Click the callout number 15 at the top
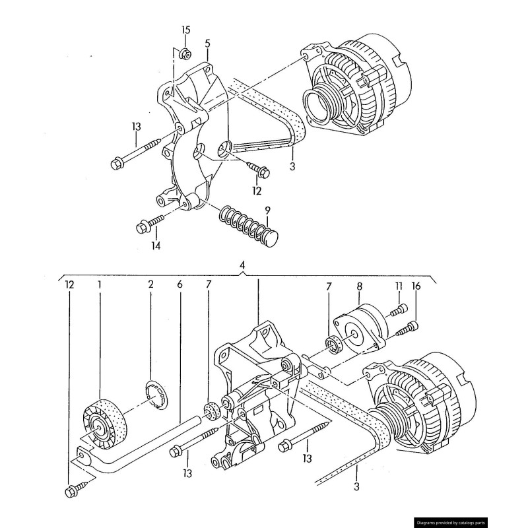(185, 30)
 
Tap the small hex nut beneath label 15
(185, 53)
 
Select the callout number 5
(208, 44)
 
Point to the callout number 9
(267, 211)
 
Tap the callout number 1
(100, 285)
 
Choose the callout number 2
(150, 285)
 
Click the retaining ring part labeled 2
(157, 394)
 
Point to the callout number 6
(180, 285)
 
